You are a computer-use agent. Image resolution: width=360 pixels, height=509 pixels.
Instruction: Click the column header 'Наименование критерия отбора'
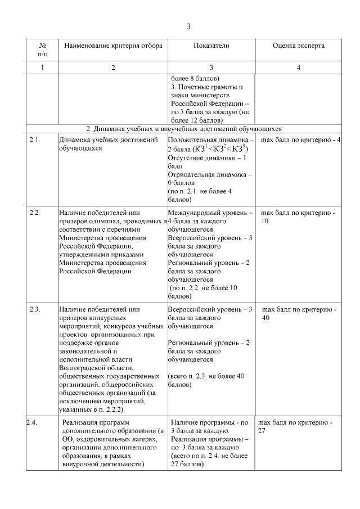coord(113,46)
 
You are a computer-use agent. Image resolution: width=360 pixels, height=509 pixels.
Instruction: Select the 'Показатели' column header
coord(211,46)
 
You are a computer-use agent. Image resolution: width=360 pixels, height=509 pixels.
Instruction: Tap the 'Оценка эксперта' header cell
coord(298,46)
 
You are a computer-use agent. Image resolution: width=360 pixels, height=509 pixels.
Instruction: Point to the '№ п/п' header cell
coord(43,49)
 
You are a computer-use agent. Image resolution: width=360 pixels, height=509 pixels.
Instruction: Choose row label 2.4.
coord(32,422)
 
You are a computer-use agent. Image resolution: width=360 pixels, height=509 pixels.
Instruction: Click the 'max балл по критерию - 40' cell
coord(299,313)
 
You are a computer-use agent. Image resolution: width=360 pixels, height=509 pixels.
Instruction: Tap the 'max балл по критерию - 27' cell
coord(295,426)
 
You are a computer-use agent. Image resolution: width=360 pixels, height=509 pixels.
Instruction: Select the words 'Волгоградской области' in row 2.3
coord(90,368)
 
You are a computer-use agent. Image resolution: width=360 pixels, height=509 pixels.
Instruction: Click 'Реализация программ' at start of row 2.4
coord(96,422)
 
